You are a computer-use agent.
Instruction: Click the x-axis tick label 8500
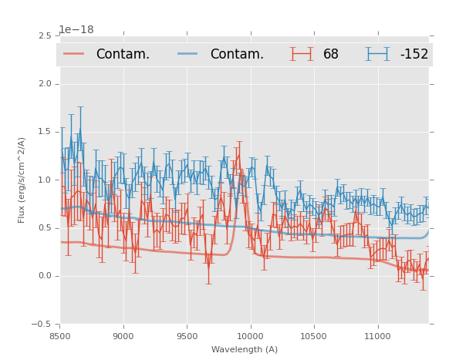tap(60, 336)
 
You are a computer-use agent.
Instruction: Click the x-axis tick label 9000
tap(123, 336)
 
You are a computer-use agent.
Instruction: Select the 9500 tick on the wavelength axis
tap(187, 336)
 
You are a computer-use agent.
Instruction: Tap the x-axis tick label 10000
tap(250, 336)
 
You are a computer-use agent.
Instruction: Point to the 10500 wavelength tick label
tap(313, 336)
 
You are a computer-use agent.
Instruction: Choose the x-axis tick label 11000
tap(377, 336)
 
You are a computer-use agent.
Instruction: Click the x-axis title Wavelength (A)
tap(245, 350)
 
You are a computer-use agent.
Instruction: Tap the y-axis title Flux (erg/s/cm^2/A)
tap(22, 180)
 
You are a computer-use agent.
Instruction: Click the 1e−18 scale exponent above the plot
tap(76, 30)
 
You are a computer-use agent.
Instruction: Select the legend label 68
tap(331, 55)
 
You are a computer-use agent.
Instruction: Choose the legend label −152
tap(414, 55)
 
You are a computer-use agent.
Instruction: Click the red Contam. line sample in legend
tap(74, 54)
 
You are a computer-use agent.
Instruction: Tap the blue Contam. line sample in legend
tap(188, 54)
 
